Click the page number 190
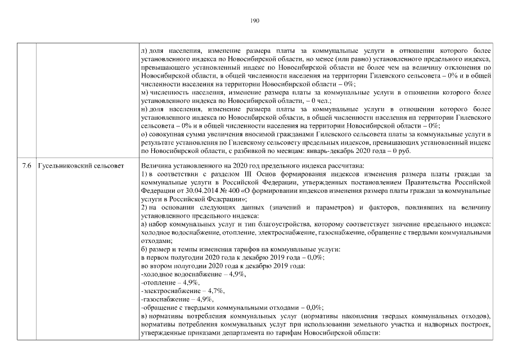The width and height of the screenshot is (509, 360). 254,21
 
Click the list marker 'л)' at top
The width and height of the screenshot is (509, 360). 145,51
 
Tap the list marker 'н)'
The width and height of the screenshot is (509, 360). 145,110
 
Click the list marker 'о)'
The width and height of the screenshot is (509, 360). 145,135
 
